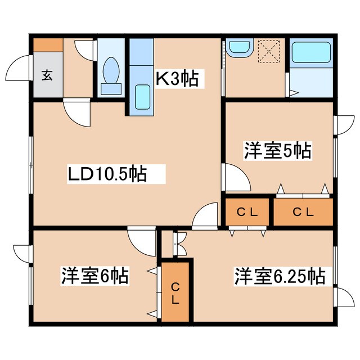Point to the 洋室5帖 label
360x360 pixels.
[278, 151]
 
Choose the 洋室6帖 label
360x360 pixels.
[94, 276]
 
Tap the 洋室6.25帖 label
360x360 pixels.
[279, 276]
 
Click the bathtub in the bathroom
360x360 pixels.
[313, 54]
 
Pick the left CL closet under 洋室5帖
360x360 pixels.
[247, 212]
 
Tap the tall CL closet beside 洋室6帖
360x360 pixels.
[175, 292]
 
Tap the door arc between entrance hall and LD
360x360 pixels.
[76, 112]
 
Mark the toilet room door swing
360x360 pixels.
[85, 49]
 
